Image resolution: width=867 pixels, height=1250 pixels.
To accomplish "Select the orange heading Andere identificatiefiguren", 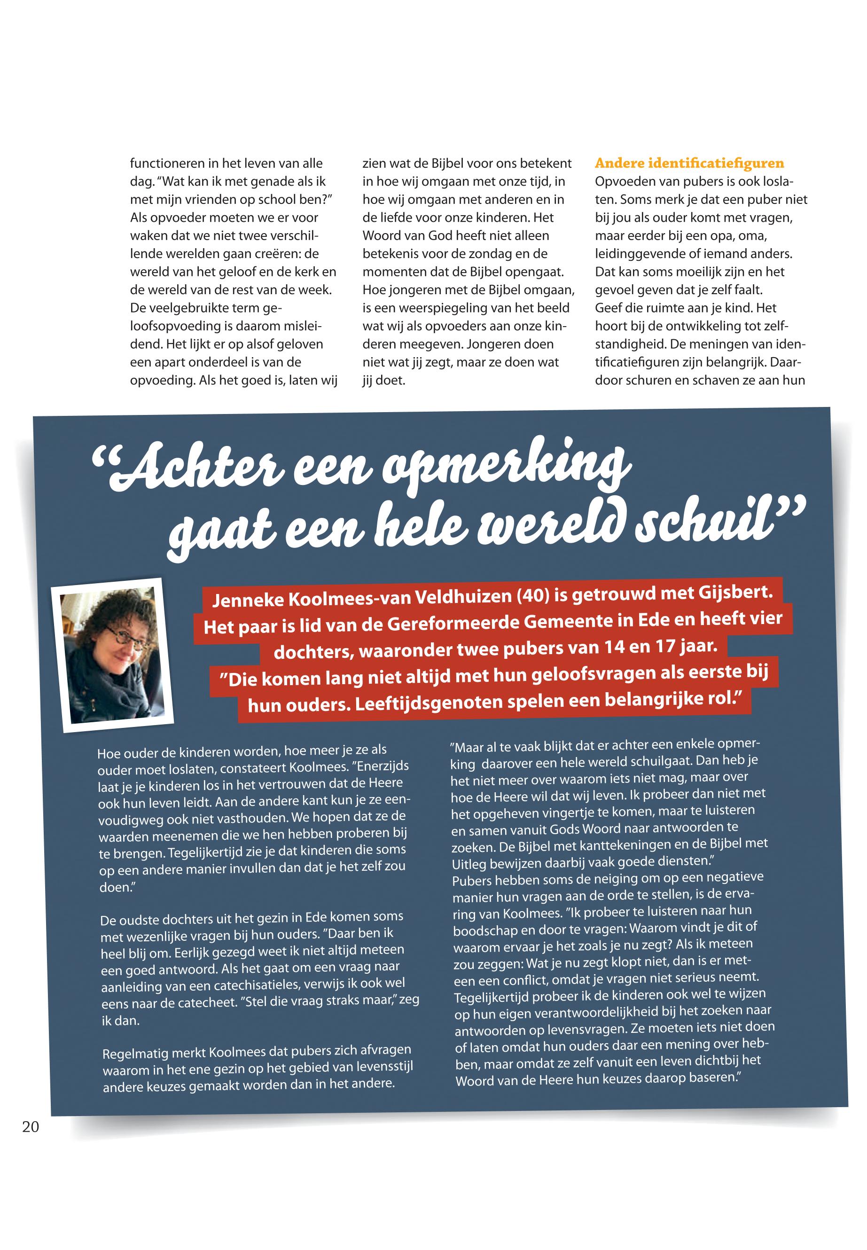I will [689, 164].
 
